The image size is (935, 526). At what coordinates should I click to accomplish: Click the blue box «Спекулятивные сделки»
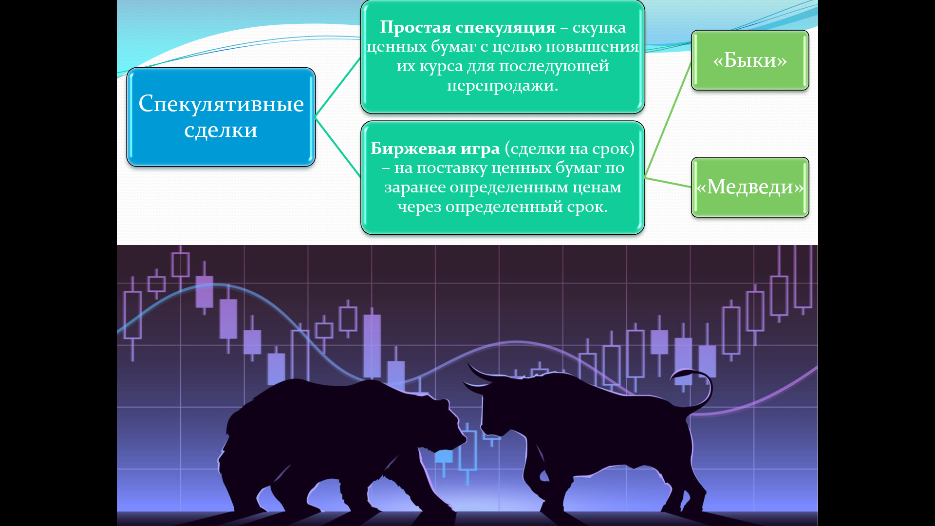pos(221,117)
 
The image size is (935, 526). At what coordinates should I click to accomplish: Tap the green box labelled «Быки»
pos(750,60)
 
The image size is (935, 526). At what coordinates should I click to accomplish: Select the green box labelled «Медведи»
pos(750,187)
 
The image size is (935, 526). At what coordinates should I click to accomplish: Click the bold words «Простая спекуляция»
pos(467,27)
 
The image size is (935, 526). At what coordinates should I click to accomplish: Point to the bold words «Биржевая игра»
pos(435,149)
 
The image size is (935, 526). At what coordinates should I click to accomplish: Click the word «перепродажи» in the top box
pos(503,86)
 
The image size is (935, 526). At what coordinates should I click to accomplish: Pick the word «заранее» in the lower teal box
pos(415,188)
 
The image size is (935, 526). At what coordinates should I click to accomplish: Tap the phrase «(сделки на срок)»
pos(570,149)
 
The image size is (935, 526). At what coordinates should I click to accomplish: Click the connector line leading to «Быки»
pos(668,119)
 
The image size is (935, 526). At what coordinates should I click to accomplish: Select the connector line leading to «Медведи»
pos(668,182)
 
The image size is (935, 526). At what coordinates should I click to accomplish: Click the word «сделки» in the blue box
pos(221,130)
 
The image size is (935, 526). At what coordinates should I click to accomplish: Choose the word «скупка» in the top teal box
pos(599,28)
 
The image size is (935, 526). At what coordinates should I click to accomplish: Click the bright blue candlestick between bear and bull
pos(444,457)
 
